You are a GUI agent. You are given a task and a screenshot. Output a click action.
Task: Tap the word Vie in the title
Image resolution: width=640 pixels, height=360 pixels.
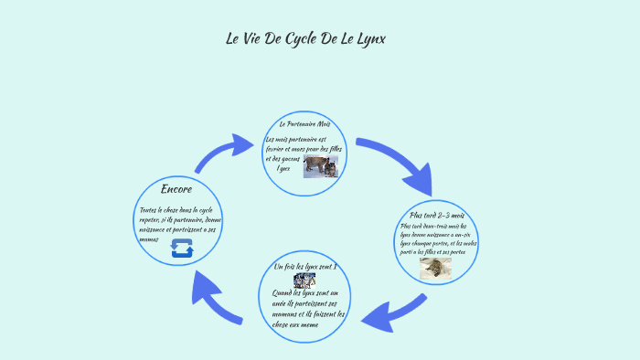(253, 38)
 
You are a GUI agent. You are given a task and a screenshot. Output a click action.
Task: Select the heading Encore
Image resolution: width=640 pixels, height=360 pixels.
(176, 189)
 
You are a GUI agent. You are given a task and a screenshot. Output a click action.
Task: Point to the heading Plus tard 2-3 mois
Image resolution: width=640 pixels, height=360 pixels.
(438, 215)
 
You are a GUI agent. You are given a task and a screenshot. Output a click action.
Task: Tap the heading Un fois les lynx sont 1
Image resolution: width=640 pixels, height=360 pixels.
(305, 266)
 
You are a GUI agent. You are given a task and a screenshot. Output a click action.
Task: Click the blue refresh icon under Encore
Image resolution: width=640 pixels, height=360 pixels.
(181, 249)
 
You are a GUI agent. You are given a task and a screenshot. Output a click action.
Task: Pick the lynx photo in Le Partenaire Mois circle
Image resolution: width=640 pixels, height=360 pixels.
(321, 165)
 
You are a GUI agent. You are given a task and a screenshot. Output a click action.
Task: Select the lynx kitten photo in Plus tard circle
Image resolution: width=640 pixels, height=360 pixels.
(436, 268)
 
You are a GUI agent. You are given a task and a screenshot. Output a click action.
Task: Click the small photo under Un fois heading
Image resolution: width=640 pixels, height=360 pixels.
(304, 280)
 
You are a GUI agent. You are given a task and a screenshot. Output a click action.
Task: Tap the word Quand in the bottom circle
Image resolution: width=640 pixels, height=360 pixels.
(283, 293)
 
